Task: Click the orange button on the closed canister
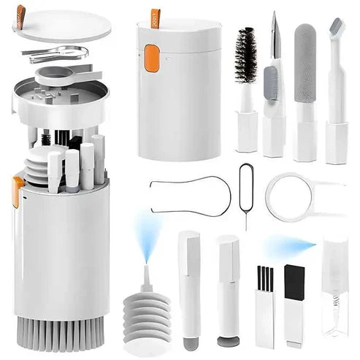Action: pos(152,58)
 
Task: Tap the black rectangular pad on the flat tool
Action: pos(294,282)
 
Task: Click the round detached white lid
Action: pos(62,24)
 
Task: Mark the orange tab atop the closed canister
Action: pos(156,17)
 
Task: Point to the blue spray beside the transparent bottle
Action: pos(290,246)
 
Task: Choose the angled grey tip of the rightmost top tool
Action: pos(336,28)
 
